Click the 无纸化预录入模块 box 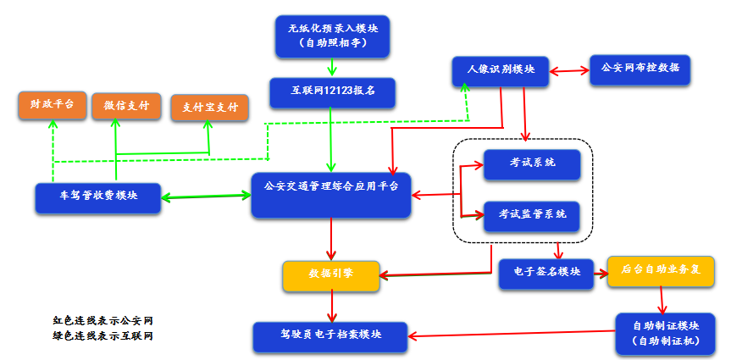pyautogui.click(x=332, y=36)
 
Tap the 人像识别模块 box pyautogui.click(x=501, y=69)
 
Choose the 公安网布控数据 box pyautogui.click(x=640, y=68)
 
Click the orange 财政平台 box pyautogui.click(x=52, y=105)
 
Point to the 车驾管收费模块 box pyautogui.click(x=98, y=197)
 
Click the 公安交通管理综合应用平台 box pyautogui.click(x=331, y=195)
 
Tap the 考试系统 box pyautogui.click(x=532, y=163)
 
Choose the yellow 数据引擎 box pyautogui.click(x=330, y=274)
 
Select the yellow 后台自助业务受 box pyautogui.click(x=661, y=270)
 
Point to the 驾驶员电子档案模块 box pyautogui.click(x=330, y=335)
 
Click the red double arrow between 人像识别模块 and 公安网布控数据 pyautogui.click(x=569, y=69)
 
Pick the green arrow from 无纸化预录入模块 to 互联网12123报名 pyautogui.click(x=332, y=68)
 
